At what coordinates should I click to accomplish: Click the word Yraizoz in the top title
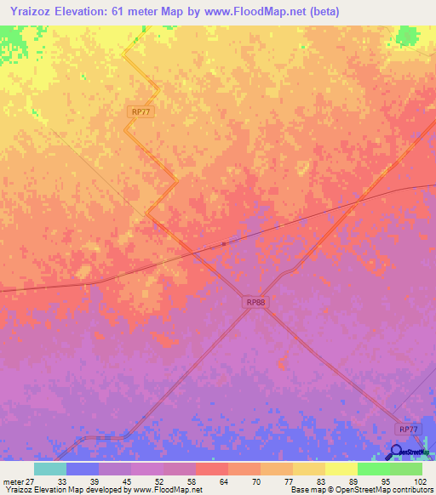29,11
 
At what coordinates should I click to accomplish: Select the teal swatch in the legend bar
50,469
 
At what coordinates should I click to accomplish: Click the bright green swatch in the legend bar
374,469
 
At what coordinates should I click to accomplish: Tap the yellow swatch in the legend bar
341,469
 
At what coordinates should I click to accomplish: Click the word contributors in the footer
410,490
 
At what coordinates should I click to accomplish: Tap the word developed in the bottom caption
93,490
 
